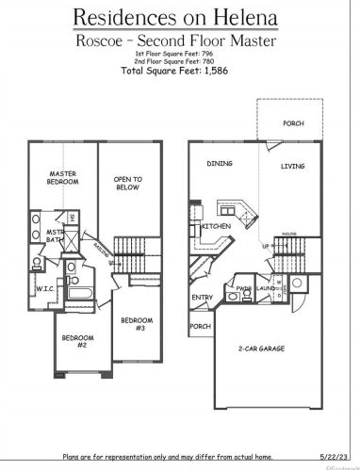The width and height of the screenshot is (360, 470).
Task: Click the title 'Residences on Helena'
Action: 180,17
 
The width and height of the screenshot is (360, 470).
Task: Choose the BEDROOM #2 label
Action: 77,342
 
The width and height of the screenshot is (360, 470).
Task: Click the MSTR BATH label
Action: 56,237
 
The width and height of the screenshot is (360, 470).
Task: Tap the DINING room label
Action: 220,163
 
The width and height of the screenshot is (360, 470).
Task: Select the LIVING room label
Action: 294,167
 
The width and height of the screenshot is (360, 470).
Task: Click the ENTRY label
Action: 203,298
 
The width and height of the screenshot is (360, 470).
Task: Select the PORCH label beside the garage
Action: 200,327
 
